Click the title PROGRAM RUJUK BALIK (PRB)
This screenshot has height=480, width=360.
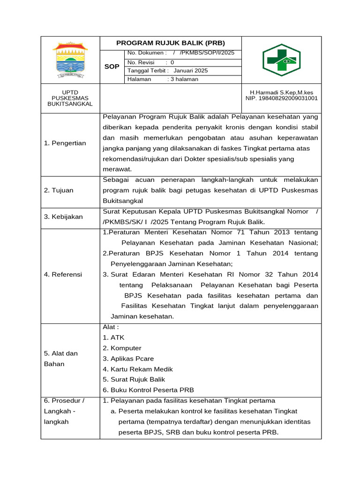point(171,43)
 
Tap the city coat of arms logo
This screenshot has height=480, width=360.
point(70,60)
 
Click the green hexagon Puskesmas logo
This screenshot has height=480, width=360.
point(281,60)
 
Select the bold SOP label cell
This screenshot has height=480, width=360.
point(112,67)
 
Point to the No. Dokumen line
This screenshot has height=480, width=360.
point(181,53)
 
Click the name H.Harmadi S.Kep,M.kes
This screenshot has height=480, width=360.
point(281,92)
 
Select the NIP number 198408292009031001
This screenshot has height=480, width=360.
point(281,98)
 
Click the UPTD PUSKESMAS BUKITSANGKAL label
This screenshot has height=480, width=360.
point(70,98)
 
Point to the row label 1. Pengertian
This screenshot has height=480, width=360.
point(65,143)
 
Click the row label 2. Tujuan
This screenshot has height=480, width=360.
point(59,190)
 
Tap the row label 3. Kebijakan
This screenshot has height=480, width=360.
point(63,217)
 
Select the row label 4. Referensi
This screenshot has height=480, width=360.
point(63,274)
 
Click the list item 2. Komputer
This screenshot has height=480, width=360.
point(122,348)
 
